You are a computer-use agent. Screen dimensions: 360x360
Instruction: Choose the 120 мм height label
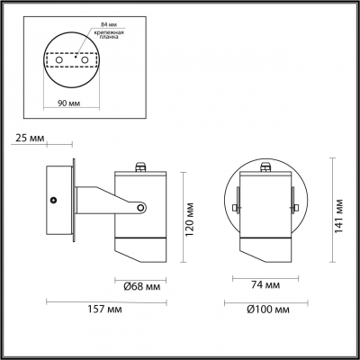click(x=191, y=216)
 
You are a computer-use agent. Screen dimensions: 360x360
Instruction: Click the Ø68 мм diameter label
click(x=140, y=287)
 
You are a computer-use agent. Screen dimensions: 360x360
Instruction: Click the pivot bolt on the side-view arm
click(x=141, y=209)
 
